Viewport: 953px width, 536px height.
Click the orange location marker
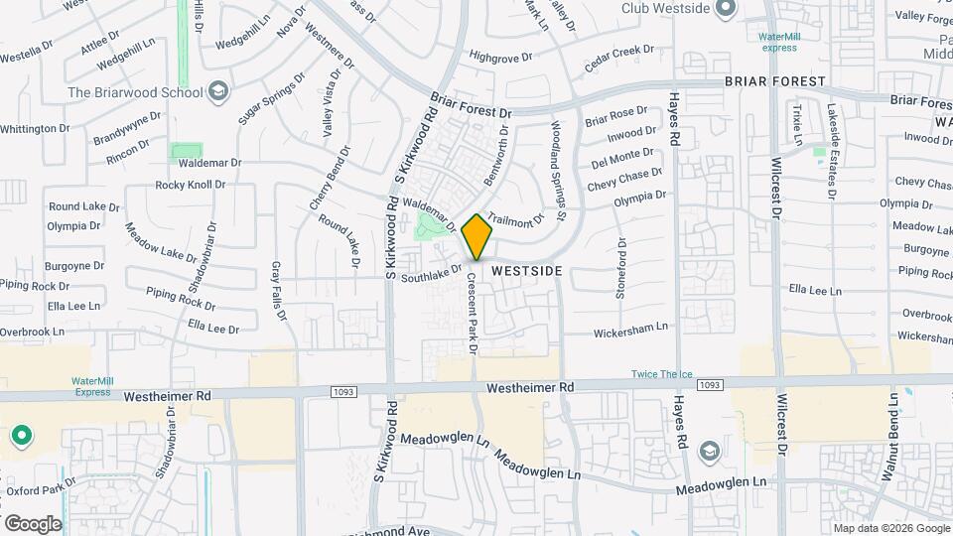477,236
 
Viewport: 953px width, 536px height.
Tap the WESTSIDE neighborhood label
527,270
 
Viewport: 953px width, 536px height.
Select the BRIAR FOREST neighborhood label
774,80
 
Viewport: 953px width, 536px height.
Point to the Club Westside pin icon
726,8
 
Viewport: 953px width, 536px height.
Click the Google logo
33,524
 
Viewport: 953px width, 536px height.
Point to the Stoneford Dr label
621,269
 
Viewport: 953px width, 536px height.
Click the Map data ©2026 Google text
890,527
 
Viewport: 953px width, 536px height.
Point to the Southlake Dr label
432,273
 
